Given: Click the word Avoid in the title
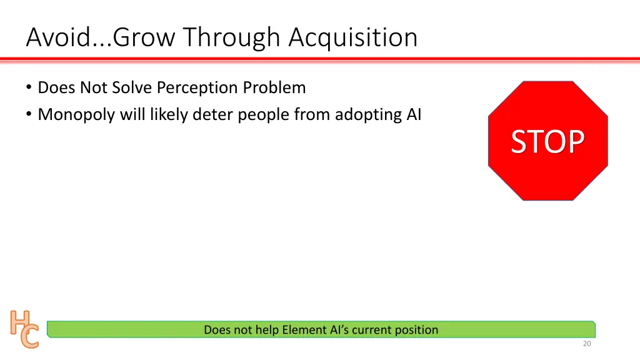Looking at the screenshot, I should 55,37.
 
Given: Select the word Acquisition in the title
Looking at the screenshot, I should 352,37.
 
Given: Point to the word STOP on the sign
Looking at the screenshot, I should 547,142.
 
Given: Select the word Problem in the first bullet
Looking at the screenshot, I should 274,88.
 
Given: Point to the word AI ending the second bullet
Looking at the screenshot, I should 414,115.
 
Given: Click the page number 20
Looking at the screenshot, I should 586,344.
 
